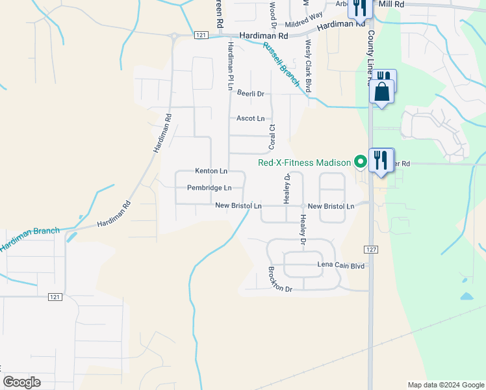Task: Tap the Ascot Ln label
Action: coord(250,119)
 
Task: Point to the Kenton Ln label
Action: coord(211,171)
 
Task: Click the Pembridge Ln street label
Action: coord(209,188)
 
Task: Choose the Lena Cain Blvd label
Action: coord(340,265)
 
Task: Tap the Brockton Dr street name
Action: coord(281,279)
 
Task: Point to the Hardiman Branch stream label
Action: coord(29,239)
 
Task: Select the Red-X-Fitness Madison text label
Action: coord(304,162)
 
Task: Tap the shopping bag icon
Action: coord(382,94)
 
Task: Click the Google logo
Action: coord(21,382)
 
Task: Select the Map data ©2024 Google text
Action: coord(445,385)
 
